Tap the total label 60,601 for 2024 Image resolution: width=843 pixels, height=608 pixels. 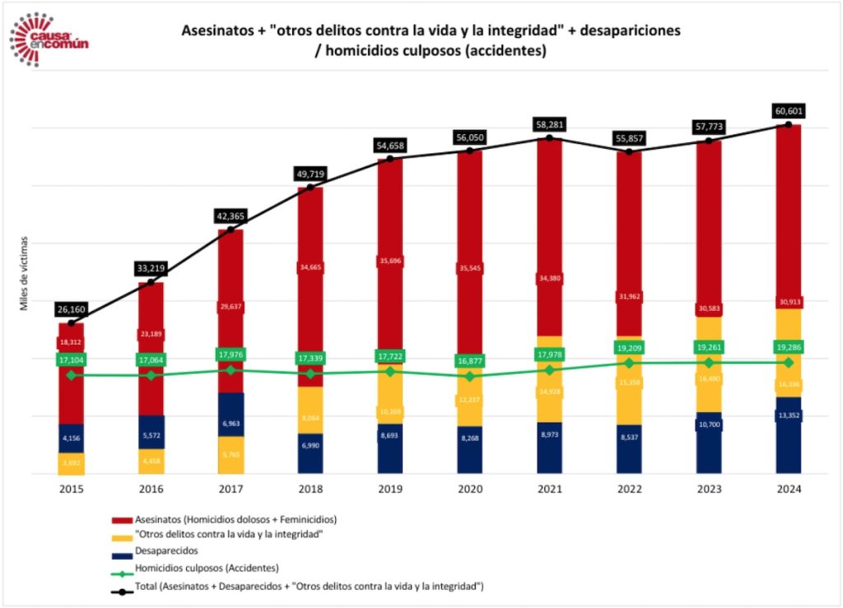click(x=789, y=111)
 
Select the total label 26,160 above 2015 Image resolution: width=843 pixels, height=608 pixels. click(x=71, y=309)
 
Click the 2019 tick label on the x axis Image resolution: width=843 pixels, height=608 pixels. click(x=390, y=488)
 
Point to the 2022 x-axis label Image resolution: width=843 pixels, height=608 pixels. click(x=629, y=488)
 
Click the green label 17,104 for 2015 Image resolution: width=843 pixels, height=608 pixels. click(x=71, y=360)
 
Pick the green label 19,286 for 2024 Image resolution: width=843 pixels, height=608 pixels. click(x=789, y=347)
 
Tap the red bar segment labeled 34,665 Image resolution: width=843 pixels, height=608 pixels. click(x=310, y=267)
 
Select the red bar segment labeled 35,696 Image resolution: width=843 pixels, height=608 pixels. click(x=390, y=261)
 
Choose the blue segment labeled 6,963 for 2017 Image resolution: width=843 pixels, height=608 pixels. click(x=231, y=422)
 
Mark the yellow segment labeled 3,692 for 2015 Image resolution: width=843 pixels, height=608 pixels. click(x=71, y=463)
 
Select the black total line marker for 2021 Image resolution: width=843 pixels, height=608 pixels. click(x=549, y=137)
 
